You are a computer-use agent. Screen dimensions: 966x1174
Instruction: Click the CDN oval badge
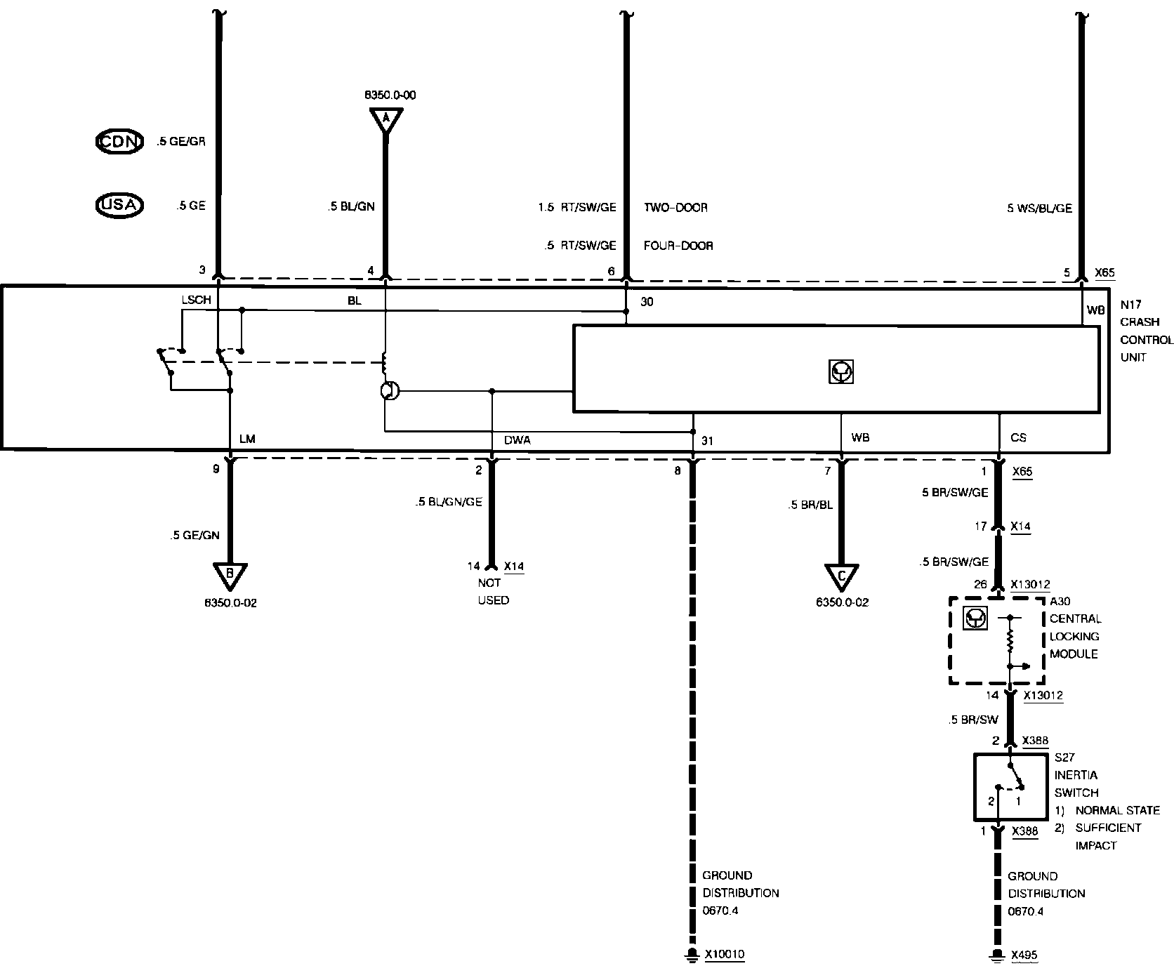[119, 141]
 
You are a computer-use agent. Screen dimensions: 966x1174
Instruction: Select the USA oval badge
[119, 205]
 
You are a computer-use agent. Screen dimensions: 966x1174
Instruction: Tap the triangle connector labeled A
[385, 121]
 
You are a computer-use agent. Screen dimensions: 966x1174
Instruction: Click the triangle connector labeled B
[229, 576]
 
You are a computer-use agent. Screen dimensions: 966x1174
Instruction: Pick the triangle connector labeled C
[841, 576]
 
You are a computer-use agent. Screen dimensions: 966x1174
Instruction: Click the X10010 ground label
[724, 954]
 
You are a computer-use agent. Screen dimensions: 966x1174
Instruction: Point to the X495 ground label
[1024, 955]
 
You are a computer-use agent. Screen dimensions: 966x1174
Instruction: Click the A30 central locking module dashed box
[996, 640]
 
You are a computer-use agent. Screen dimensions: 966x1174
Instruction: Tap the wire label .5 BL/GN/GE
[448, 502]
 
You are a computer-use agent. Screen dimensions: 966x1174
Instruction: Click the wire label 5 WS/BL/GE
[1039, 209]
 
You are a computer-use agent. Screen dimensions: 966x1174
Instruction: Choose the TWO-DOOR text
[675, 208]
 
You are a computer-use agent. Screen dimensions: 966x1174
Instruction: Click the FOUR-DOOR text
[678, 246]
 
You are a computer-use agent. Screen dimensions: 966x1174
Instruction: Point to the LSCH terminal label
[196, 300]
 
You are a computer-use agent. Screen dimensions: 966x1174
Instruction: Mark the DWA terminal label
[517, 440]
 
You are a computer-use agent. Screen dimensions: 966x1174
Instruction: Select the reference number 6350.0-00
[390, 95]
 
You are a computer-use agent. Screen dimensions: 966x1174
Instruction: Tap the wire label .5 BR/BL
[810, 505]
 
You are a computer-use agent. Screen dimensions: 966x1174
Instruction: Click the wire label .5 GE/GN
[194, 535]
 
